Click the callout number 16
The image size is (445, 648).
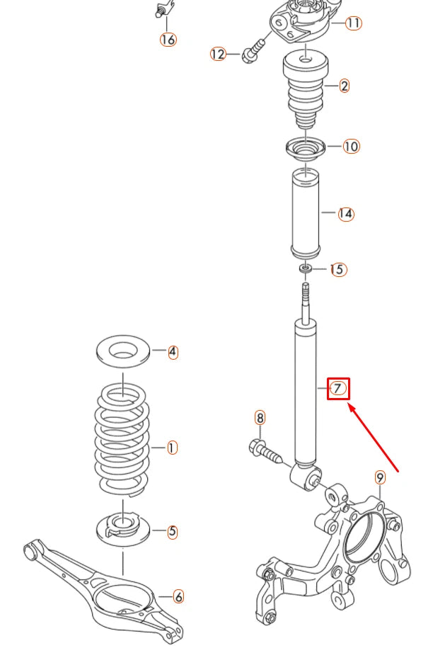(168, 40)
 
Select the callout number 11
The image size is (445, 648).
(353, 23)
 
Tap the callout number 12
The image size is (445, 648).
(218, 54)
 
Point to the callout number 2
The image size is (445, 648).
(344, 86)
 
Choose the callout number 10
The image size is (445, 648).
(351, 147)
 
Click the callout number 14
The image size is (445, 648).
(345, 213)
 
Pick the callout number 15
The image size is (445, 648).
(338, 270)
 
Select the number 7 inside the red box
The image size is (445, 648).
(338, 388)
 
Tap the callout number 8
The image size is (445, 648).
(260, 419)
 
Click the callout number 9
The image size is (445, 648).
(380, 477)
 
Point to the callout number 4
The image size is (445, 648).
(173, 352)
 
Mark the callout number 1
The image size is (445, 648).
(171, 448)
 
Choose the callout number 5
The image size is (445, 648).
(173, 531)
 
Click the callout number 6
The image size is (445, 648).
(178, 598)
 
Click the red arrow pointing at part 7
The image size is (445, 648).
(374, 438)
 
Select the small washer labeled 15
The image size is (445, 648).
(306, 269)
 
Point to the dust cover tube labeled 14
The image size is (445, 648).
(304, 213)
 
